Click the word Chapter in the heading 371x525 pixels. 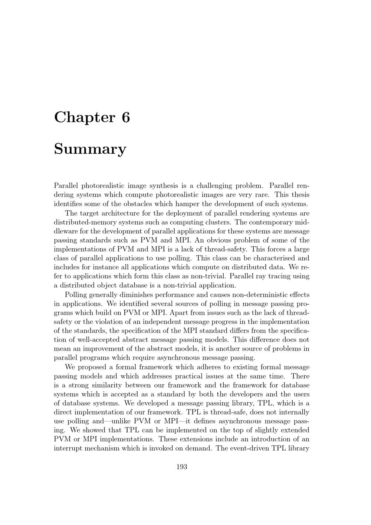pyautogui.click(x=85, y=118)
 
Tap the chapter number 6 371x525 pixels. pyautogui.click(x=126, y=118)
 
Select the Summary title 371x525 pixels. pyautogui.click(x=90, y=149)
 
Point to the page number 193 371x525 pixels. pyautogui.click(x=182, y=467)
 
